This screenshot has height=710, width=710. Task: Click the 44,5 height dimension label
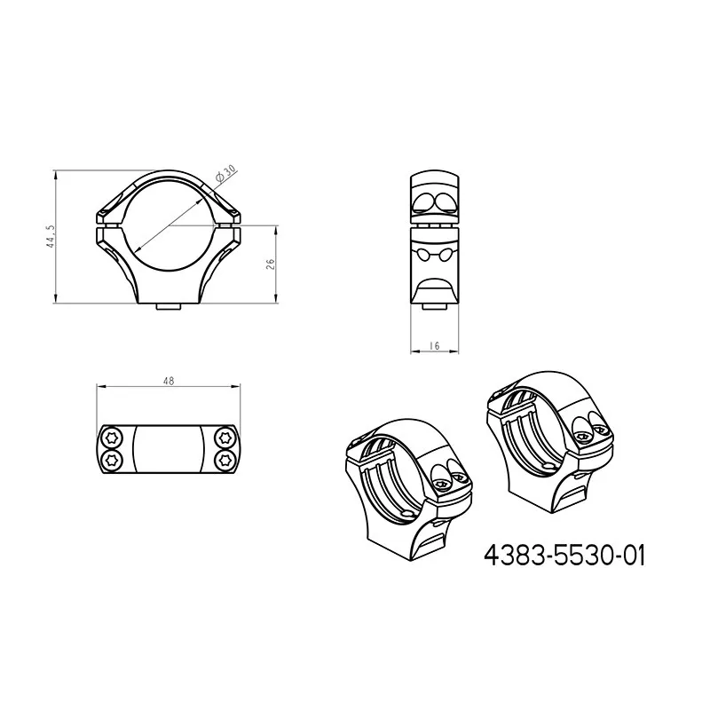(x=51, y=236)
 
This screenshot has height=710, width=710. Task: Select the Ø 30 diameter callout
(x=225, y=173)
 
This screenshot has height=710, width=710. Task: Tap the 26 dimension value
(x=271, y=264)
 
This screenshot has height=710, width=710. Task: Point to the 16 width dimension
(x=434, y=346)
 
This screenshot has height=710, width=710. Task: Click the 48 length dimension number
(x=169, y=382)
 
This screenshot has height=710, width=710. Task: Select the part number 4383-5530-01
(x=564, y=556)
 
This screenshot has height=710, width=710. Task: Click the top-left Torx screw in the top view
(x=112, y=438)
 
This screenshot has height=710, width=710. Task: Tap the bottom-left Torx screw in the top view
(x=112, y=461)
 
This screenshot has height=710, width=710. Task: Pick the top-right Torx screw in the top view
(x=224, y=438)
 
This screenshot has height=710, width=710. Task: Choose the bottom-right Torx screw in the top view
(x=224, y=461)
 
